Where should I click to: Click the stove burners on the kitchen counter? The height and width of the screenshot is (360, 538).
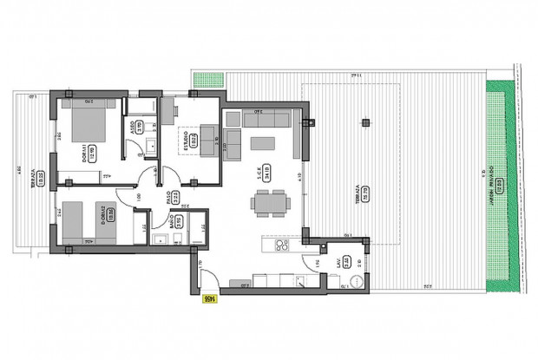click(281, 245)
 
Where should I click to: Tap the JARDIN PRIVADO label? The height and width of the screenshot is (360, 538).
click(490, 181)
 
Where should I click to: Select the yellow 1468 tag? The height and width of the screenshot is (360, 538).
click(209, 299)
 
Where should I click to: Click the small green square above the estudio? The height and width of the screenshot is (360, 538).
click(202, 80)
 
